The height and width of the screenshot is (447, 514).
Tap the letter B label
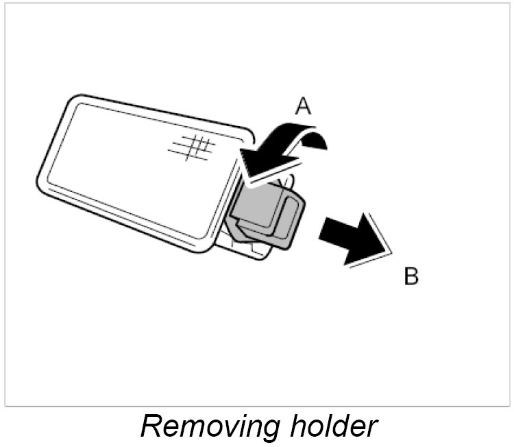411,276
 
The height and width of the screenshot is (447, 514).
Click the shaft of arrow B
332,230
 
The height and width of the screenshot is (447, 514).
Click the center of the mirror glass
140,171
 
